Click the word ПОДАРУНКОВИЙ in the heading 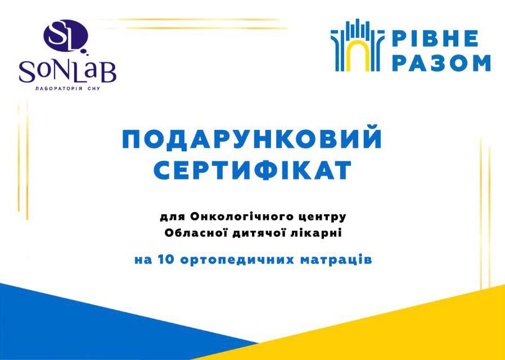click(x=252, y=139)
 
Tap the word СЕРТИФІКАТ click(x=252, y=170)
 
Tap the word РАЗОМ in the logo click(x=442, y=63)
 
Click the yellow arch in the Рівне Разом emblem click(x=358, y=55)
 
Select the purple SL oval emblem click(x=66, y=36)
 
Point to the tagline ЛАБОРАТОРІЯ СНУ click(x=67, y=88)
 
